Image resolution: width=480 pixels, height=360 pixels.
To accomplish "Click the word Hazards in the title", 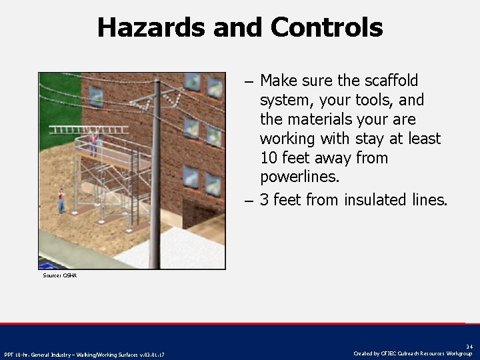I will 151,27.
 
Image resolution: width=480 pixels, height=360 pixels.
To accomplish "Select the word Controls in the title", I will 327,27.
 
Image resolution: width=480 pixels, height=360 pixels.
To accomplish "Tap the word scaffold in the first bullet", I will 390,81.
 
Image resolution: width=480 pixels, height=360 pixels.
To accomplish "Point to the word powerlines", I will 299,177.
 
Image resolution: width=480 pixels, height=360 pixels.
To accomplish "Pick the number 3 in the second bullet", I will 265,199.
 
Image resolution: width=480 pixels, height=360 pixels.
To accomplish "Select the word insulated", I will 375,199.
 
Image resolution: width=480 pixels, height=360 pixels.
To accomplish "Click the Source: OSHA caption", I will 59,275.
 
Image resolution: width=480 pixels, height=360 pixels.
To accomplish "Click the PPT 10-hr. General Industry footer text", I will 84,354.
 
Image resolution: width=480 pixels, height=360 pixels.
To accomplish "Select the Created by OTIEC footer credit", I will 413,354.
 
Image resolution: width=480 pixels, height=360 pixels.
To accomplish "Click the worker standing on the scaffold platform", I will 93,142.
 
